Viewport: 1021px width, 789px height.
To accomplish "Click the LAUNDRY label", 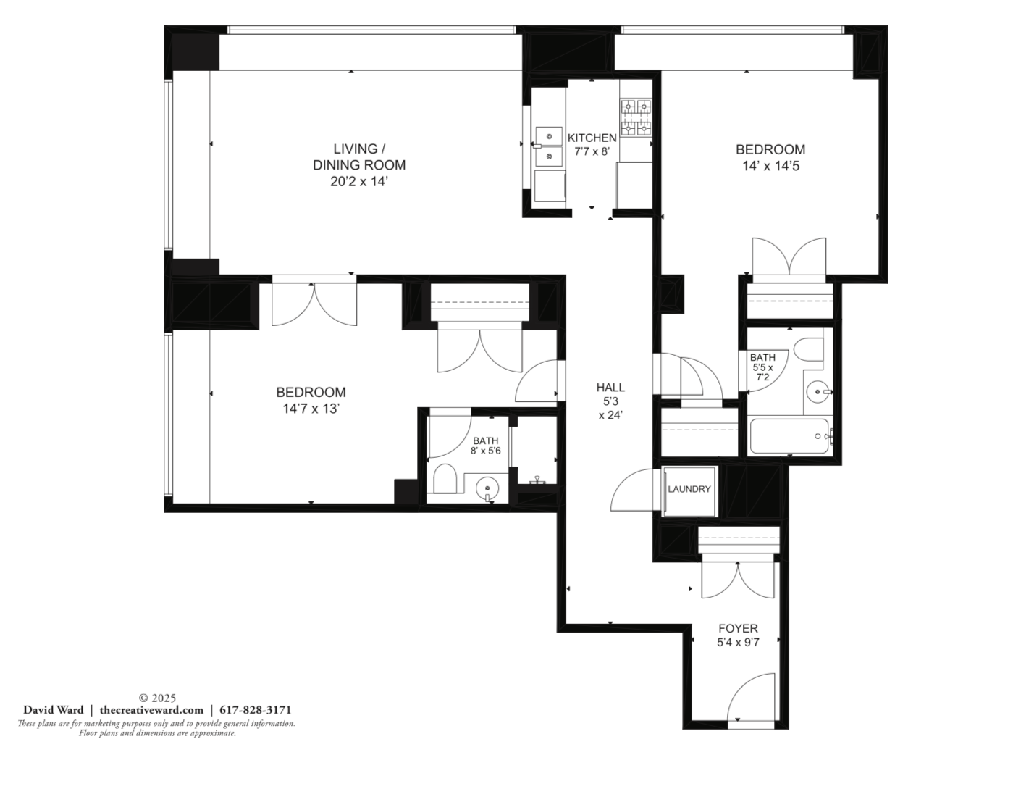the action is (689, 489).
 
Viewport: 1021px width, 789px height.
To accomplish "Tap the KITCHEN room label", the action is (592, 138).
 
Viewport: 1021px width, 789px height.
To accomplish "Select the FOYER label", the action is (738, 628).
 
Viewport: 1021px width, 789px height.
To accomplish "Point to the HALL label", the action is (610, 387).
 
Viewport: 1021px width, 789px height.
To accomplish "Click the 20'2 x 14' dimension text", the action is (359, 181).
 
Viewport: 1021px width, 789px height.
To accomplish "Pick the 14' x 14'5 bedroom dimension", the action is (770, 166).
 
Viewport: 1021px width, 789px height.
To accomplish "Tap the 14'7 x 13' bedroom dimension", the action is (311, 409).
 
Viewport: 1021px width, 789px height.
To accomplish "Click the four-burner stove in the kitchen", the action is (636, 117).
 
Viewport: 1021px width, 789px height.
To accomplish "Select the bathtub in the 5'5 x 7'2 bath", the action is (789, 437).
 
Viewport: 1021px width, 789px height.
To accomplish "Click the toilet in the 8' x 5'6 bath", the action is (445, 479).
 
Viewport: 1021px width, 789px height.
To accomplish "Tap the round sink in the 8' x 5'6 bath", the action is (488, 490).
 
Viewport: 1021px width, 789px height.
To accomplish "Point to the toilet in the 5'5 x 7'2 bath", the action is (808, 350).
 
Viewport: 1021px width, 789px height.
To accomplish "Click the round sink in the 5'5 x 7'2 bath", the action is (818, 391).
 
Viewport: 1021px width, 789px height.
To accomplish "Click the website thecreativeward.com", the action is (152, 709).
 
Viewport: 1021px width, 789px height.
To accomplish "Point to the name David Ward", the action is (54, 709).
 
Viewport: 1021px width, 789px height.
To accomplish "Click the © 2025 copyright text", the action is (157, 698).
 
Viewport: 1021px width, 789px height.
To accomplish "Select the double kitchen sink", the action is (548, 146).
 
